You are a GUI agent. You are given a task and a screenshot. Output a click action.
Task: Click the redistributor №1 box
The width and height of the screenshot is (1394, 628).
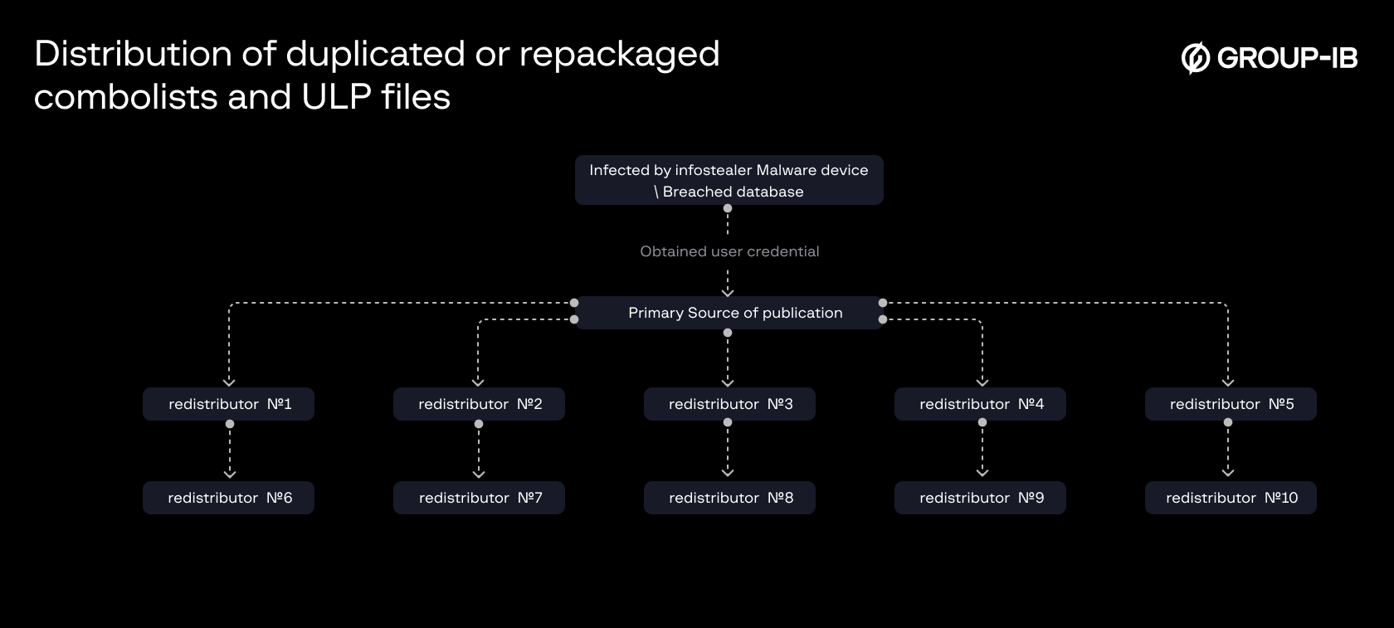[228, 404]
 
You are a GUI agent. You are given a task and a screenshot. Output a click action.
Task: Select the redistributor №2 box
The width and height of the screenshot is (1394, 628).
[479, 404]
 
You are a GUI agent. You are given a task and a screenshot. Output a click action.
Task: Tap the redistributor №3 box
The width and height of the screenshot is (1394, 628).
[729, 404]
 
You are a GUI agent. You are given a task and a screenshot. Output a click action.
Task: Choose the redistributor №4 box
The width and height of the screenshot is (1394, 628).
[980, 404]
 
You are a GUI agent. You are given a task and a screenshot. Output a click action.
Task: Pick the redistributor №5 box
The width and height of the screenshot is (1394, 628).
[1231, 404]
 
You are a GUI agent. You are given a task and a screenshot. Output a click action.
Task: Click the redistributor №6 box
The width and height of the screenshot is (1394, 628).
[228, 498]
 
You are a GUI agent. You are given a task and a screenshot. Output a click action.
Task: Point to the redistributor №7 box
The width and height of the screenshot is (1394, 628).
[479, 498]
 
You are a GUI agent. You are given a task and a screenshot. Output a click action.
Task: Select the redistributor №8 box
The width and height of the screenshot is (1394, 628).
[729, 498]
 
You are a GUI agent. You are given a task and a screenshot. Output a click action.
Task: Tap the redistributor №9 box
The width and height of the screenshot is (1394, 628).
[980, 498]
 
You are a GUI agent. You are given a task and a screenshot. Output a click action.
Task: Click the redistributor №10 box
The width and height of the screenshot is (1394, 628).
[1231, 498]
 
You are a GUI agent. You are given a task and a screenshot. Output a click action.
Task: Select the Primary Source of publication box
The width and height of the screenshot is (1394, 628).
[729, 313]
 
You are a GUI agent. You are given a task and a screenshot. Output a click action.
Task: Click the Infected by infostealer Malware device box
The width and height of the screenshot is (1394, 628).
[729, 180]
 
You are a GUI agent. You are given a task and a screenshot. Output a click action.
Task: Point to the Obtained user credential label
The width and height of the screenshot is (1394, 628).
[729, 251]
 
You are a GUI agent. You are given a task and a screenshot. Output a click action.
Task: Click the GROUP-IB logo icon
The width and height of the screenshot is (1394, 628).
[1195, 57]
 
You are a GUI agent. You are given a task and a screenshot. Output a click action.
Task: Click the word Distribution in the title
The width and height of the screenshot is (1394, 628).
[133, 54]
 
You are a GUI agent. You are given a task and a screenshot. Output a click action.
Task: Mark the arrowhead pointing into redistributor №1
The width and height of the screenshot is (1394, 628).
[229, 382]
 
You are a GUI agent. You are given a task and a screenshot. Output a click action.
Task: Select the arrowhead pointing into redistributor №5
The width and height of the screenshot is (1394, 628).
[1228, 382]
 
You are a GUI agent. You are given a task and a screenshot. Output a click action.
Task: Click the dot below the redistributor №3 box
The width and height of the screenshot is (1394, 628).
[728, 422]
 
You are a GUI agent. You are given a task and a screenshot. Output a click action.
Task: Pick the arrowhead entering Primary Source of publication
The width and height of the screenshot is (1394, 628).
[728, 292]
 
